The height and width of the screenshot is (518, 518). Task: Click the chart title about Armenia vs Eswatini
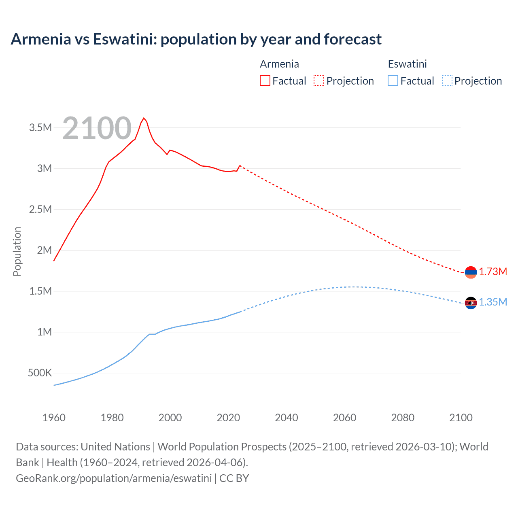pyautogui.click(x=196, y=39)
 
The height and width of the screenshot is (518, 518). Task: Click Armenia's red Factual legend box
pyautogui.click(x=265, y=81)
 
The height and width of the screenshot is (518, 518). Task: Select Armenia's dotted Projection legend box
pyautogui.click(x=319, y=81)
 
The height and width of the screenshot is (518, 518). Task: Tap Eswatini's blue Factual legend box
pyautogui.click(x=393, y=81)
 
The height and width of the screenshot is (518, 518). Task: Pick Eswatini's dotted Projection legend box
pyautogui.click(x=447, y=81)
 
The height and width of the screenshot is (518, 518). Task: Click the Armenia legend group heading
pyautogui.click(x=279, y=64)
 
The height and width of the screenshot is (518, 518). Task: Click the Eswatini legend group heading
pyautogui.click(x=407, y=64)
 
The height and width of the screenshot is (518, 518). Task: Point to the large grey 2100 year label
pyautogui.click(x=97, y=128)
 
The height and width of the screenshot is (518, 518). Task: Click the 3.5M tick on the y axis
pyautogui.click(x=40, y=128)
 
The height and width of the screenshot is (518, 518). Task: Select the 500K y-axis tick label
pyautogui.click(x=40, y=373)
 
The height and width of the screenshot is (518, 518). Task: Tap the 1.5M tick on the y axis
pyautogui.click(x=40, y=291)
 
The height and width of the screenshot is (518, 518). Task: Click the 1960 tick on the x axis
pyautogui.click(x=54, y=418)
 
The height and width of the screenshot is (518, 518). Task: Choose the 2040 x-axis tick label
pyautogui.click(x=287, y=418)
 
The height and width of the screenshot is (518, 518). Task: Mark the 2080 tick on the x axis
pyautogui.click(x=403, y=418)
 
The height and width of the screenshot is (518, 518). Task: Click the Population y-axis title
pyautogui.click(x=17, y=251)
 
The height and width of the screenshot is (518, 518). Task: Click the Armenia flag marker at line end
pyautogui.click(x=471, y=272)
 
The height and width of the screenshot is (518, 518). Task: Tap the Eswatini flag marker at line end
pyautogui.click(x=471, y=303)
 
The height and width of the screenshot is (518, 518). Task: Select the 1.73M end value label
pyautogui.click(x=493, y=272)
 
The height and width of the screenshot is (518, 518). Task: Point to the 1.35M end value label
pyautogui.click(x=493, y=302)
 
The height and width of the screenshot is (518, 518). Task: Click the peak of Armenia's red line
pyautogui.click(x=144, y=118)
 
